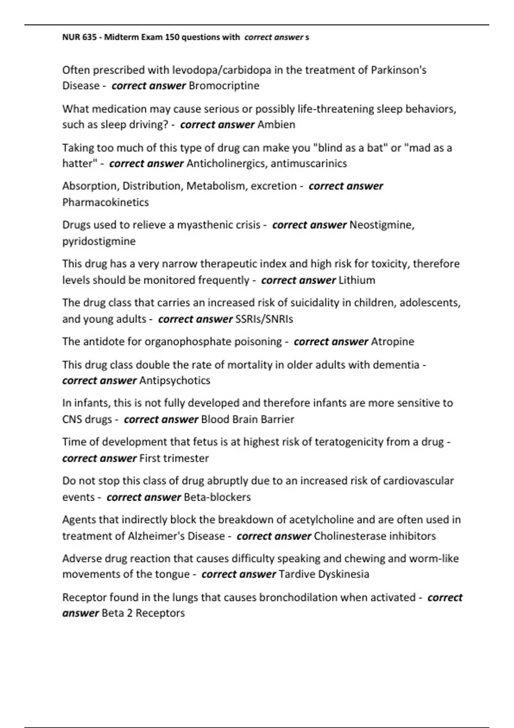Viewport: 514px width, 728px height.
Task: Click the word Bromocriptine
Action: (224, 86)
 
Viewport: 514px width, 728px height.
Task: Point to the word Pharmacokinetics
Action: (105, 202)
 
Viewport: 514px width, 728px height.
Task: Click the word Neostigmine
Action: (380, 225)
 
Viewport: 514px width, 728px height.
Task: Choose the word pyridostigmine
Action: (99, 241)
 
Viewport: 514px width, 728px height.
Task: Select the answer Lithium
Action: (357, 280)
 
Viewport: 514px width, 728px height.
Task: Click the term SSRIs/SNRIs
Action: (264, 319)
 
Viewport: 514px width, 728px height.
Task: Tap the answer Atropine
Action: (392, 341)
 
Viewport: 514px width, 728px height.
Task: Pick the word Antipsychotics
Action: (175, 380)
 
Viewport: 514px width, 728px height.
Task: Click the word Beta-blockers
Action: (217, 497)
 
